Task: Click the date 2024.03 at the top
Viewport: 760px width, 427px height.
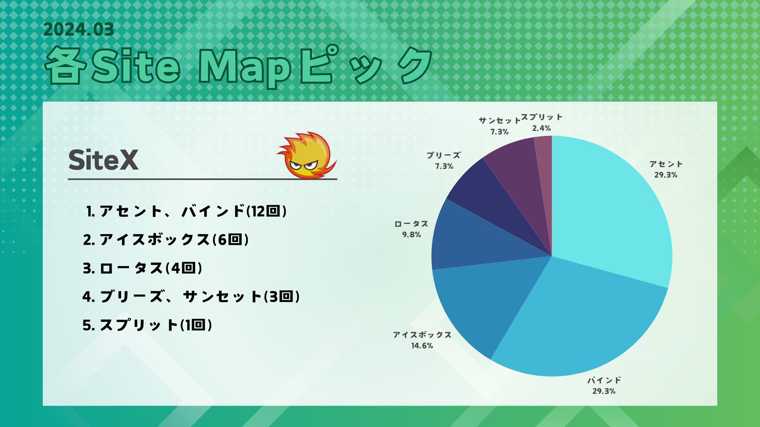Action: pyautogui.click(x=79, y=29)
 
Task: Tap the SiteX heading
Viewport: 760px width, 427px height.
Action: pyautogui.click(x=103, y=160)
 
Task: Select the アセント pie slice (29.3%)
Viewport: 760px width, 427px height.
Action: pyautogui.click(x=610, y=213)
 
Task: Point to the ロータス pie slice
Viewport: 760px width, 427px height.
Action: pyautogui.click(x=475, y=241)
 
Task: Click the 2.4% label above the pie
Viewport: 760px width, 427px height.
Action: pyautogui.click(x=541, y=128)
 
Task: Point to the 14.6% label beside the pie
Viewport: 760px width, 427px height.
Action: pyautogui.click(x=422, y=346)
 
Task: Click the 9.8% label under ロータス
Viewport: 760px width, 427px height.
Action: pyautogui.click(x=411, y=234)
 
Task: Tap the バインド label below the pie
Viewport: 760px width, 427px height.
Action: pyautogui.click(x=604, y=380)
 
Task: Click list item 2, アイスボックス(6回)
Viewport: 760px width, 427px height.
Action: pyautogui.click(x=166, y=240)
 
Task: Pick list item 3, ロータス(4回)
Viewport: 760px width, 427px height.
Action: pyautogui.click(x=142, y=268)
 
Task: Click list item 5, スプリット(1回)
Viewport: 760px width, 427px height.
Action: pyautogui.click(x=147, y=325)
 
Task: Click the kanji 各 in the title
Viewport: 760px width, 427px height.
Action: pyautogui.click(x=66, y=66)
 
